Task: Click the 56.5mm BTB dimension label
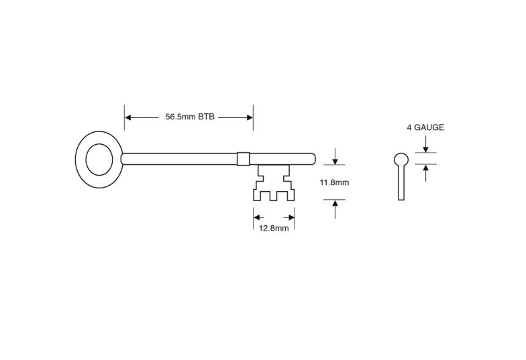click(190, 117)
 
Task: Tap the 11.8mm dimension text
click(334, 182)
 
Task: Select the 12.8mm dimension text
click(274, 228)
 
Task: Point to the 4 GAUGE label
click(425, 127)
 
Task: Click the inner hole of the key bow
click(99, 160)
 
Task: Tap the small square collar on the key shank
click(243, 159)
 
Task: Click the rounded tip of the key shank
click(313, 159)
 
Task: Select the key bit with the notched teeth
click(274, 182)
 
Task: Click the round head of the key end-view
click(401, 160)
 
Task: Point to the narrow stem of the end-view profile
click(401, 183)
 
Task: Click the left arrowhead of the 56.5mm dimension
click(127, 117)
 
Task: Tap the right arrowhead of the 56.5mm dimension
click(250, 117)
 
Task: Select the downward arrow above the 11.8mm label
click(335, 156)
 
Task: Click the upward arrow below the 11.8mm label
click(335, 209)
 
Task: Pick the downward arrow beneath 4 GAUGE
click(425, 144)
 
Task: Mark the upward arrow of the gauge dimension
click(425, 173)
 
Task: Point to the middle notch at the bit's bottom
click(274, 196)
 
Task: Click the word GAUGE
click(429, 127)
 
